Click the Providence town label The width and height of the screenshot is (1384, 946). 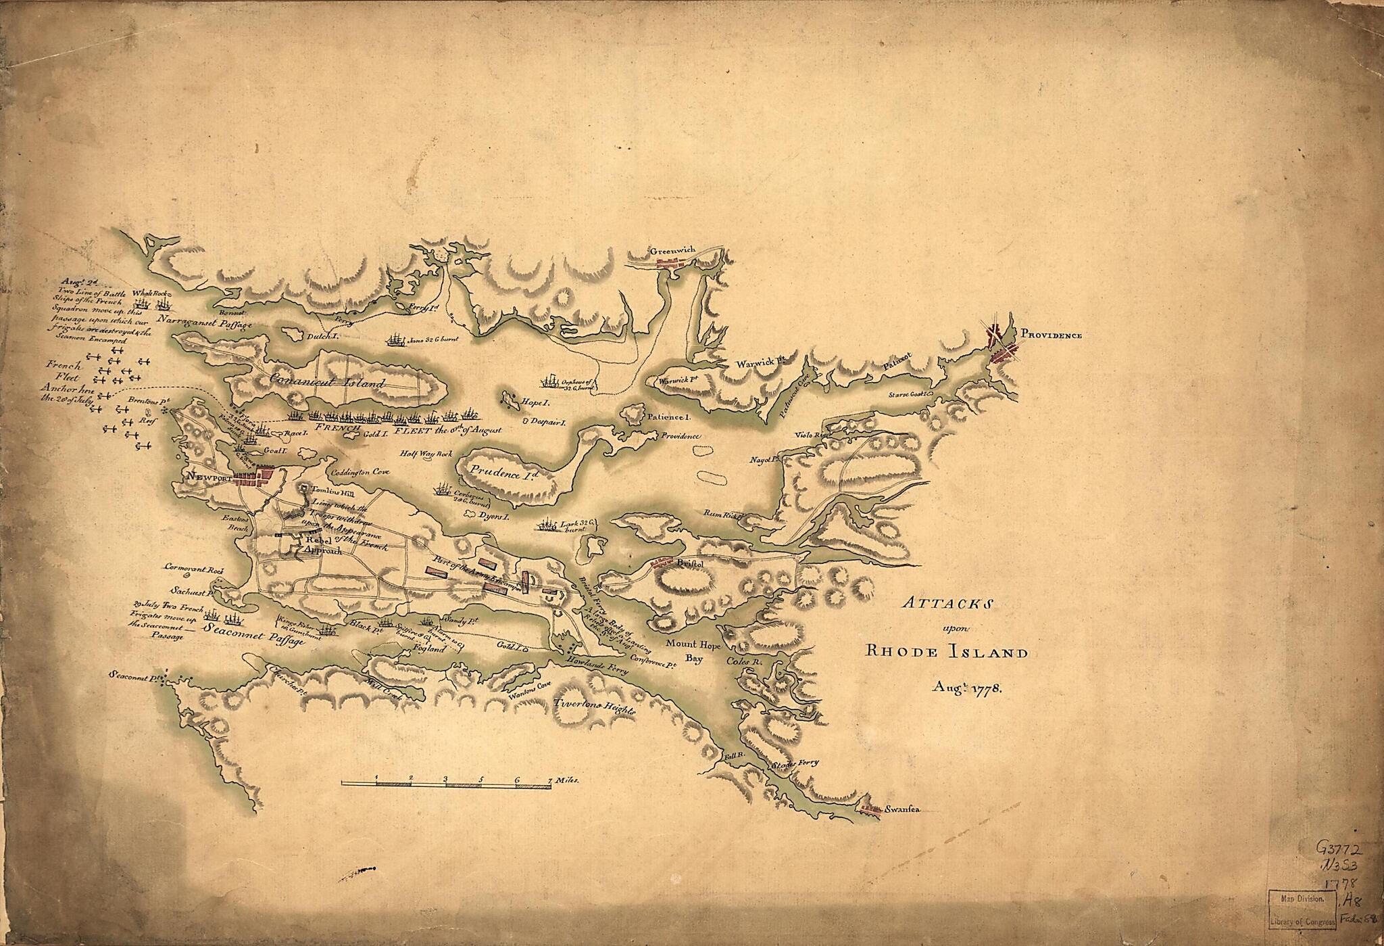coord(1051,335)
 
